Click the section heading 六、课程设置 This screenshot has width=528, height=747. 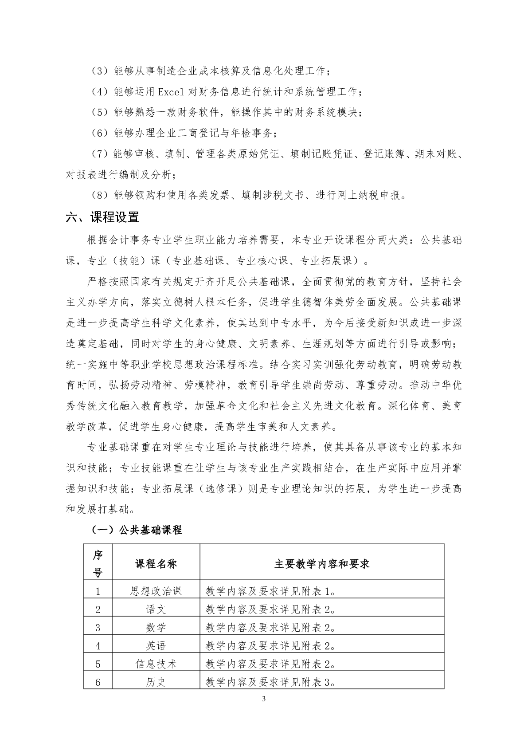point(102,217)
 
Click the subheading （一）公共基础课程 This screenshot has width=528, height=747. point(136,530)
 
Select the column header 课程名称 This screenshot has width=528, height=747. point(156,564)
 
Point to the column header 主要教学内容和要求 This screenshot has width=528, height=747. point(322,564)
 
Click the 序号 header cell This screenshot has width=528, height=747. point(98,564)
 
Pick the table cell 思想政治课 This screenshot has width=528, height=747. point(156,591)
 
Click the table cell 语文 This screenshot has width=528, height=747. point(156,609)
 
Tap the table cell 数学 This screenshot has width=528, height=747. point(156,628)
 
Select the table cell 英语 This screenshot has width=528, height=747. point(156,646)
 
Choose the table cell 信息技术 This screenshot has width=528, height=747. point(156,664)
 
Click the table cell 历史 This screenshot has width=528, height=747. point(156,682)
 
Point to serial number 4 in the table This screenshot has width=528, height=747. point(98,646)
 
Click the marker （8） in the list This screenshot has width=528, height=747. point(100,195)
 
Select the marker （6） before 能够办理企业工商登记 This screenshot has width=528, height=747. point(100,133)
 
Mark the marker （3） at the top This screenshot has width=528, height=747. point(100,71)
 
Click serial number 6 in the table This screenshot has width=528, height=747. point(98,682)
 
